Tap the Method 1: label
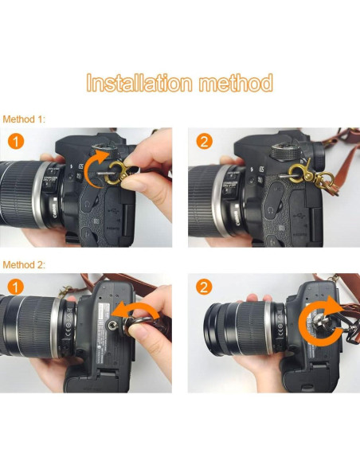click(25, 119)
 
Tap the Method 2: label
click(25, 264)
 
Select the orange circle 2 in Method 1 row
click(204, 142)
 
